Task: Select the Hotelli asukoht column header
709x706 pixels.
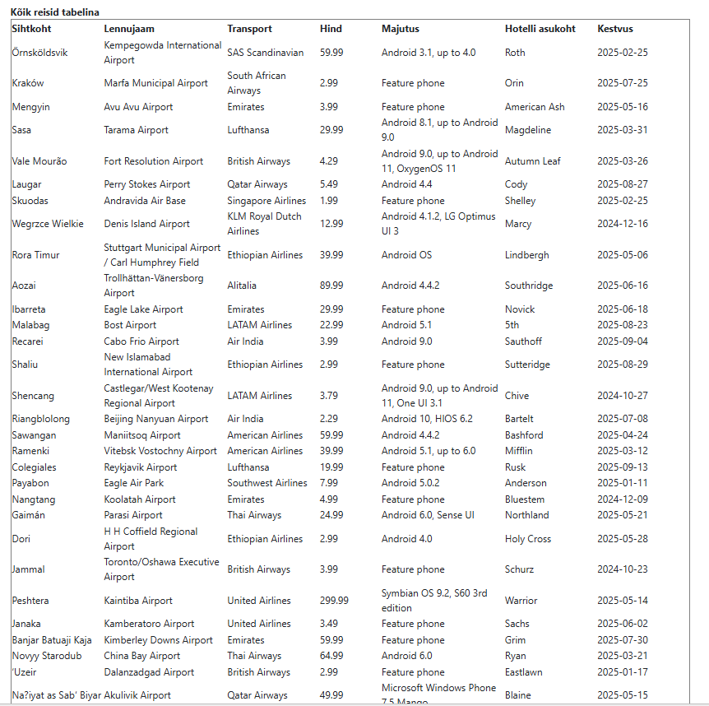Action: (x=540, y=29)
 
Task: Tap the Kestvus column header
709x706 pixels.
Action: (x=615, y=29)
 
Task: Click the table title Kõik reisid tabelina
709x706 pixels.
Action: (x=55, y=12)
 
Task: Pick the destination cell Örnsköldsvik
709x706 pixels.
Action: (x=40, y=53)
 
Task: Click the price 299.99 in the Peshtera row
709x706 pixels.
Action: (x=334, y=601)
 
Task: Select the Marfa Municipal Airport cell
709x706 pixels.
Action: (x=156, y=83)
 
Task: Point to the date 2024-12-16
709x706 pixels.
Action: (x=623, y=224)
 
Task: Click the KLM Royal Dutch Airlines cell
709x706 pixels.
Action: (x=265, y=224)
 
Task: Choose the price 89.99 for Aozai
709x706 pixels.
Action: (x=331, y=286)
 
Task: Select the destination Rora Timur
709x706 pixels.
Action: (x=36, y=255)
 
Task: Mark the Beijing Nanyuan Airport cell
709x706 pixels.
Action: (x=156, y=419)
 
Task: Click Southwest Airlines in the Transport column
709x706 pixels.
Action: (x=267, y=483)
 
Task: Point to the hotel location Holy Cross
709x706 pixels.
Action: (x=528, y=539)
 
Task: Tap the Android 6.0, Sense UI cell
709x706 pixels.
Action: (x=428, y=515)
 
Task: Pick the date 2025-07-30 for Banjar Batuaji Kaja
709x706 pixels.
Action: (x=623, y=640)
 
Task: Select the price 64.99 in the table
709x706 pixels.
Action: (x=331, y=656)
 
